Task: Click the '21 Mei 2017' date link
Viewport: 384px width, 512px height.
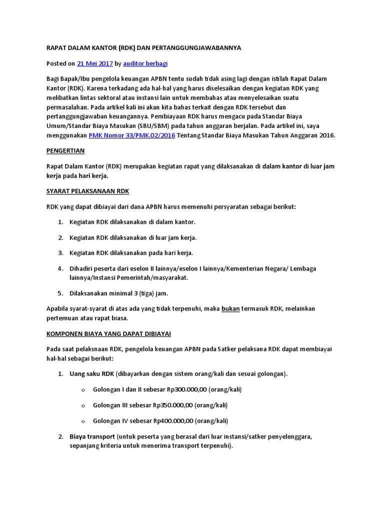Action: pyautogui.click(x=94, y=63)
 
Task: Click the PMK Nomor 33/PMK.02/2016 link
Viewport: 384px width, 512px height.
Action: pyautogui.click(x=132, y=135)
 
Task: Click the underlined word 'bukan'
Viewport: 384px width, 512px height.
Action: pyautogui.click(x=230, y=308)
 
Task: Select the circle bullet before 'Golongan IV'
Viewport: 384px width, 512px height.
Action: pyautogui.click(x=82, y=421)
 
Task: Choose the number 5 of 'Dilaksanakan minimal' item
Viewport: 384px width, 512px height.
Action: pyautogui.click(x=59, y=293)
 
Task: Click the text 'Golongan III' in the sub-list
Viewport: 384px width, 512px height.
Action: pyautogui.click(x=111, y=405)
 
